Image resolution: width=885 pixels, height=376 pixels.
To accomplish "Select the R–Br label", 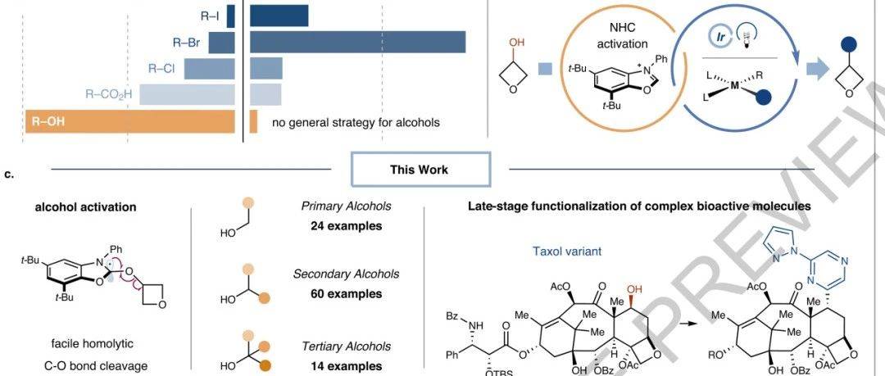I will [187, 42].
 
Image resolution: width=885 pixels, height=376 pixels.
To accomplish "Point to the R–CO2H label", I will [109, 95].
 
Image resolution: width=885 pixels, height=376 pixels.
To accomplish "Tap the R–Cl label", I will [161, 69].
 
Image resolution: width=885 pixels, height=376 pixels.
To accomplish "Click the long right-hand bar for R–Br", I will [357, 42].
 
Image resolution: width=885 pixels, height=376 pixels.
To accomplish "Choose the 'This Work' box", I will [420, 170].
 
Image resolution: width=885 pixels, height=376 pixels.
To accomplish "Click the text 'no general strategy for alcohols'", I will [356, 123].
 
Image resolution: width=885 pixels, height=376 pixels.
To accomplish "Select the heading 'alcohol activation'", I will [85, 207].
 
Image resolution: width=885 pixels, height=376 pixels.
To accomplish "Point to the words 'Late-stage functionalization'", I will [541, 207].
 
